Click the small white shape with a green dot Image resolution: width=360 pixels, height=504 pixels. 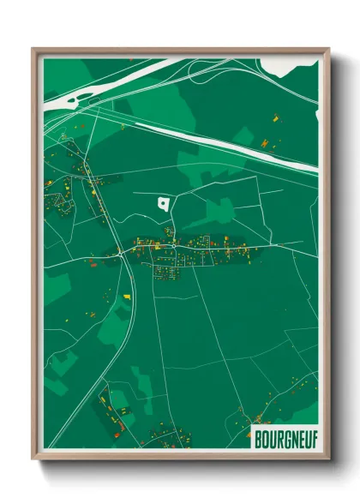(163, 203)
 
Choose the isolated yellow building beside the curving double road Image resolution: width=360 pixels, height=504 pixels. (127, 297)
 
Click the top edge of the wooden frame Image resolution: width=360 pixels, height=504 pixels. (180, 51)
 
